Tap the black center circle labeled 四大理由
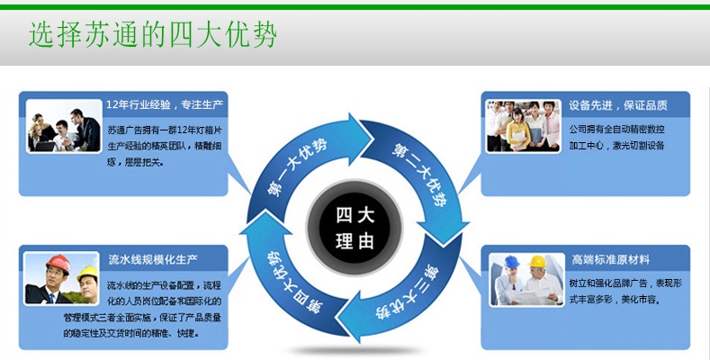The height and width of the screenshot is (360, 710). [355, 229]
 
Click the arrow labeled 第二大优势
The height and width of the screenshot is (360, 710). [418, 175]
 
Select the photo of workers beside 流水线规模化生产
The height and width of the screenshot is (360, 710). [61, 279]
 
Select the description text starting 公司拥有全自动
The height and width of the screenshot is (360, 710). [617, 138]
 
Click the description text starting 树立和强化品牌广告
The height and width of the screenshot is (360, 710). [622, 291]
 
